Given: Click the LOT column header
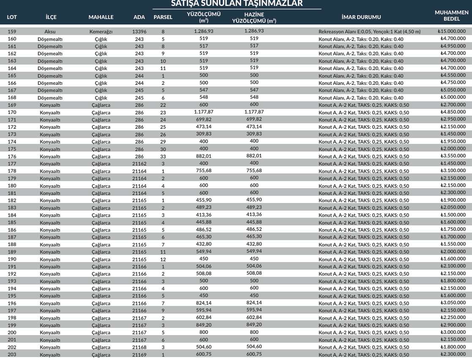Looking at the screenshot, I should [x=12, y=17].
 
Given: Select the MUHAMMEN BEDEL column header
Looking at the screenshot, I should [x=451, y=16].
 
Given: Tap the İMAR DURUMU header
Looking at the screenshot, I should [x=361, y=17].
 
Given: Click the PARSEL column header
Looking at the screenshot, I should [x=163, y=17].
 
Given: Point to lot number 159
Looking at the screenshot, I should [x=12, y=32].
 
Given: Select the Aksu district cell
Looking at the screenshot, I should [x=50, y=32].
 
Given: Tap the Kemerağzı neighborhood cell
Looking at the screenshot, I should [x=101, y=32].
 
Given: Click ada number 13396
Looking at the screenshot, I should [x=139, y=32].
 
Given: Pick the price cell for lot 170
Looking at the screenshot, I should [x=453, y=112].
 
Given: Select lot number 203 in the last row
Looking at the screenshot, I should [x=12, y=355].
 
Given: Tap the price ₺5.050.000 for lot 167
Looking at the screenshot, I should [x=453, y=90].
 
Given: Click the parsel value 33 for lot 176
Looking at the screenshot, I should [x=163, y=156].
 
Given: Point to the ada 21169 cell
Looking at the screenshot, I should [x=139, y=355].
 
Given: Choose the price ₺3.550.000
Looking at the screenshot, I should [x=453, y=156].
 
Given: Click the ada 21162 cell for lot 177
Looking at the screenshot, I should [x=139, y=164].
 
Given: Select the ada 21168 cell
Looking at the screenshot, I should [x=139, y=347].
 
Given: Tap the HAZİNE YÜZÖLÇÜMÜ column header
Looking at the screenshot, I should [x=254, y=17].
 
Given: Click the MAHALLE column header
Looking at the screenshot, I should [x=101, y=17].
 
